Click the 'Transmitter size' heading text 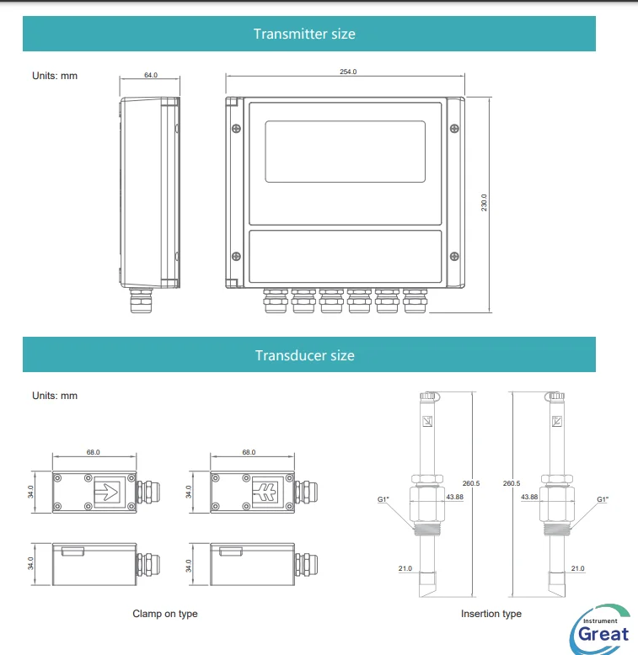(x=304, y=35)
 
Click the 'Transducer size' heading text (x=304, y=355)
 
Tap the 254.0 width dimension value (x=348, y=72)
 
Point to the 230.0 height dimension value (x=485, y=203)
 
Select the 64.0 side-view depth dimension (x=150, y=75)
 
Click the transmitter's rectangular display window (x=345, y=151)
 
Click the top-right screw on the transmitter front (x=454, y=128)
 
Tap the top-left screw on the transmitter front (x=236, y=128)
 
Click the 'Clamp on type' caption (x=165, y=614)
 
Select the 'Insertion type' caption (x=491, y=614)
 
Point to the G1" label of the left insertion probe (x=383, y=500)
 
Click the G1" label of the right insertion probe (x=603, y=499)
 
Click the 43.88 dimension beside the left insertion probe (x=455, y=497)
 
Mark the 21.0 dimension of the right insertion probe (x=577, y=569)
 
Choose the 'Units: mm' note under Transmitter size (x=55, y=76)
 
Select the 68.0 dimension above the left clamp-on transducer (x=93, y=452)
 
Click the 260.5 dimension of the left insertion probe (x=471, y=483)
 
